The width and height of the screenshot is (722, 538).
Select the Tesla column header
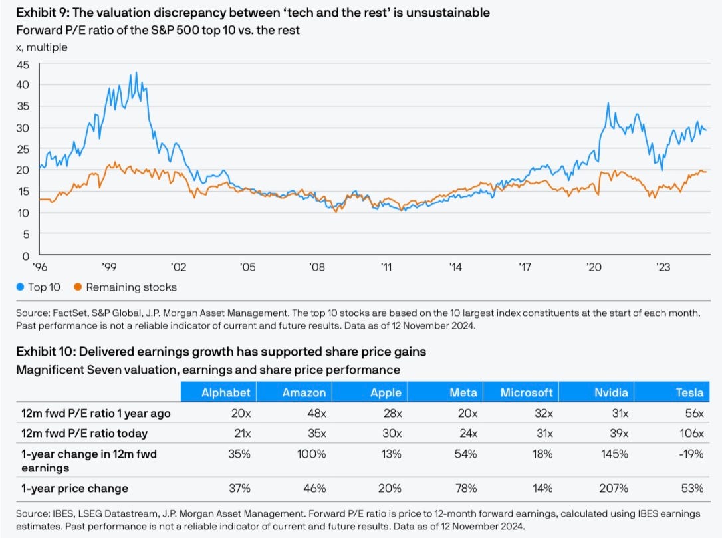point(689,392)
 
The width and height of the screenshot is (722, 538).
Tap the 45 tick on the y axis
point(23,65)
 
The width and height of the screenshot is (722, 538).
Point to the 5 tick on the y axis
point(26,234)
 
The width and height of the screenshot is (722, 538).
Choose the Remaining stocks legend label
point(131,287)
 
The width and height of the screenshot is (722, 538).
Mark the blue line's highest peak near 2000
point(136,72)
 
